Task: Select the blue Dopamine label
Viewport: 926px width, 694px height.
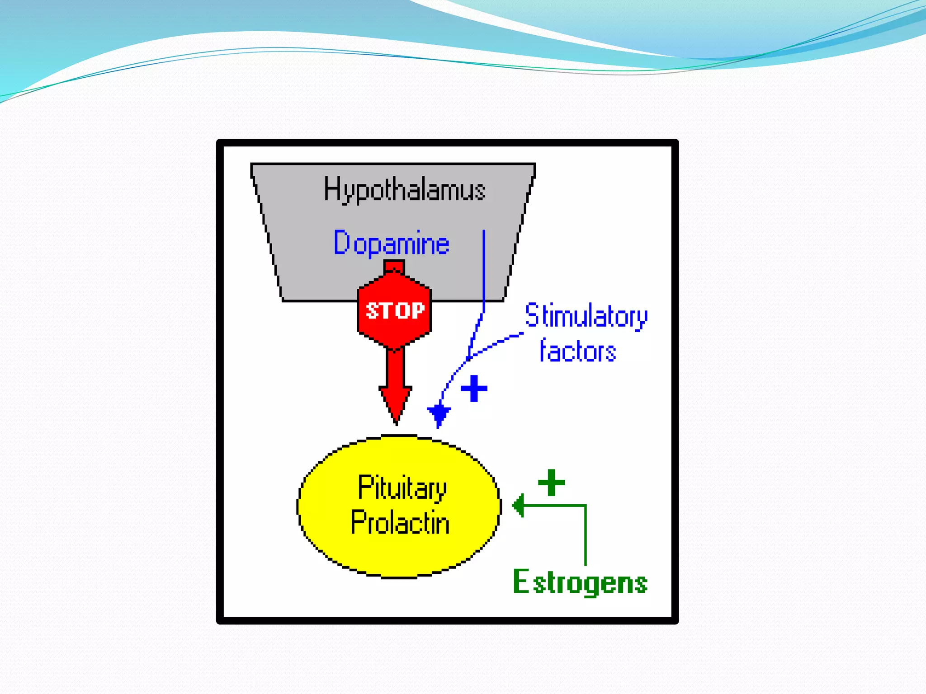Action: point(392,244)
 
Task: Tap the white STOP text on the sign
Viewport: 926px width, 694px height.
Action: point(395,311)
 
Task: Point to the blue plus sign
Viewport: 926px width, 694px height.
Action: point(474,389)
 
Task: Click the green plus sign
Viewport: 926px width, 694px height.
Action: point(551,483)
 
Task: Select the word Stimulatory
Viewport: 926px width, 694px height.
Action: point(586,316)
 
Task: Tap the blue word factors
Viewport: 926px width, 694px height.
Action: point(578,351)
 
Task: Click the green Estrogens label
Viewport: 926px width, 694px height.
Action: point(580,582)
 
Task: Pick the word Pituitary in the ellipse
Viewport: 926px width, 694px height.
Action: point(402,488)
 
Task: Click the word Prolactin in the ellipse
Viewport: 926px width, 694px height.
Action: point(400,523)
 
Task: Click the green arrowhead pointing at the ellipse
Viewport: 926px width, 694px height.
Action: point(518,505)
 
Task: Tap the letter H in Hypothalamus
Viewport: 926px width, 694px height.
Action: point(331,188)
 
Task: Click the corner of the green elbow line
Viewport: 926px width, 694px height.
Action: point(585,506)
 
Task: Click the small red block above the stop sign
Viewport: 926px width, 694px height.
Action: point(394,266)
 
